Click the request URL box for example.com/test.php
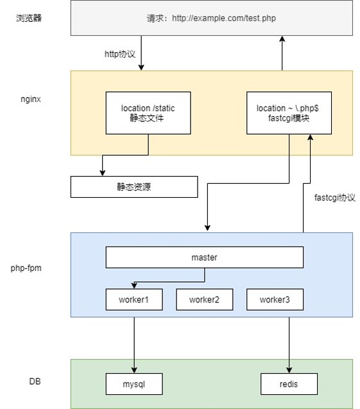pos(212,18)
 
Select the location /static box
pos(148,113)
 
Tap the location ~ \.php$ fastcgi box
pos(289,113)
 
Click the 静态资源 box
pos(134,187)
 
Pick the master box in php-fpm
pos(204,257)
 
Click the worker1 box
pos(133,299)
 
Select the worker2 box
pos(204,299)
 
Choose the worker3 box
pos(275,299)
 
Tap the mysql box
pos(134,384)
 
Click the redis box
pos(289,384)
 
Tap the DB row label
pos(35,381)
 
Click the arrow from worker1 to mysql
pos(134,340)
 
